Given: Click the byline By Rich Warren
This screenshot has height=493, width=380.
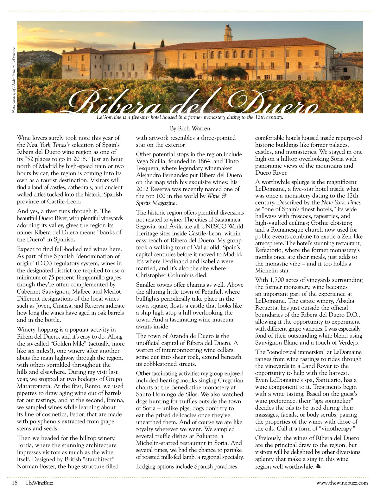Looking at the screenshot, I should [x=190, y=128].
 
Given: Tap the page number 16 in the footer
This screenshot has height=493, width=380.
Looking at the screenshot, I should [x=14, y=483].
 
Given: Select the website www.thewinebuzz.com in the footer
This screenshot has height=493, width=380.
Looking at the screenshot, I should [x=342, y=483].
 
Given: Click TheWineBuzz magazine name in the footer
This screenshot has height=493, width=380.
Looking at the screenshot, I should [x=39, y=483].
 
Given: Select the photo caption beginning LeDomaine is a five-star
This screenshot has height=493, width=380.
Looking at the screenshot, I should [x=190, y=117].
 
